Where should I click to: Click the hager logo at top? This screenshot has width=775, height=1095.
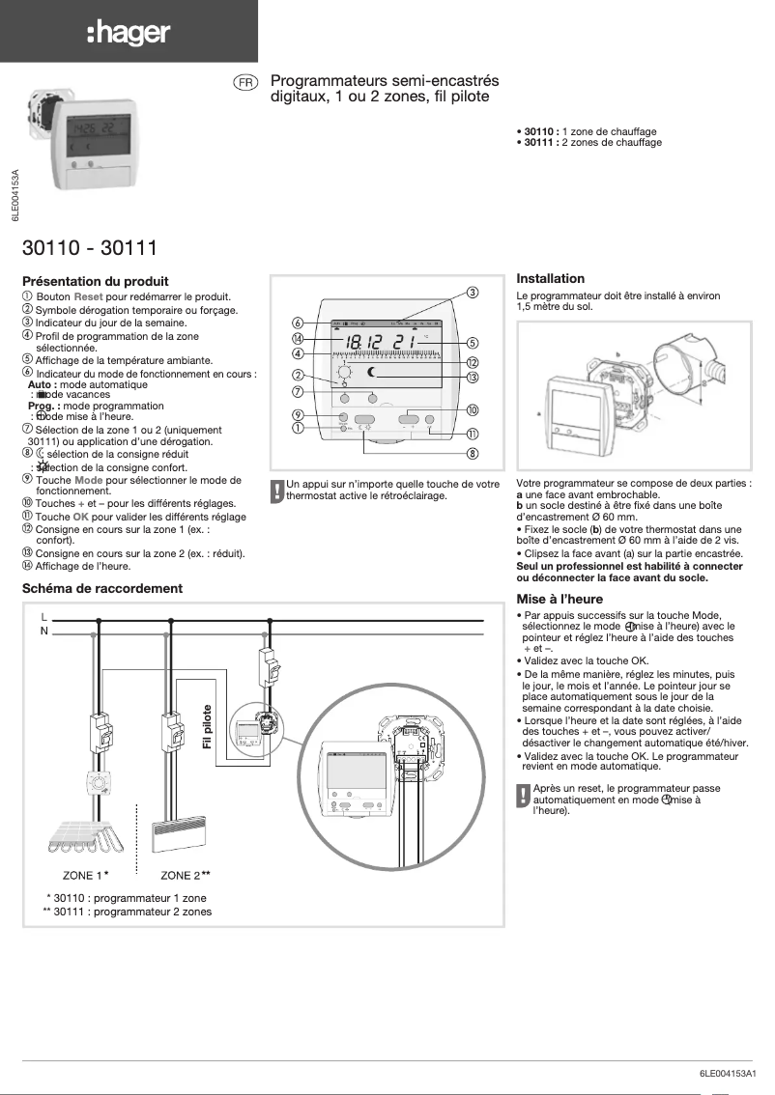129,34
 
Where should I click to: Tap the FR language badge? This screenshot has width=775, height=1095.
245,83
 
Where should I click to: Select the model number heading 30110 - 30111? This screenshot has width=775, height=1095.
90,248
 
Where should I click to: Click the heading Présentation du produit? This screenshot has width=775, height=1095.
95,281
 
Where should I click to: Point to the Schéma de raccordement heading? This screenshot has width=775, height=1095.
101,587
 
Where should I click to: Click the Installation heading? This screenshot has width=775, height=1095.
550,278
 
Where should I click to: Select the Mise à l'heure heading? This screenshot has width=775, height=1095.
558,599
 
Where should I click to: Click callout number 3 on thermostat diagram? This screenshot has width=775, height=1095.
473,293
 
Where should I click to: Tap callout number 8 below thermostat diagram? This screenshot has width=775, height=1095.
473,453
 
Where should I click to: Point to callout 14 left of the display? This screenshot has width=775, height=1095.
299,339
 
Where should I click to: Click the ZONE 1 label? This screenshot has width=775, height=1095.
84,875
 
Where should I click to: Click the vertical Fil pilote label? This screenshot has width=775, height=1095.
207,730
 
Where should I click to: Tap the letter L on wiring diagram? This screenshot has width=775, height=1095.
44,616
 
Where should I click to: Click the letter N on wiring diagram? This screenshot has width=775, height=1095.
44,631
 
